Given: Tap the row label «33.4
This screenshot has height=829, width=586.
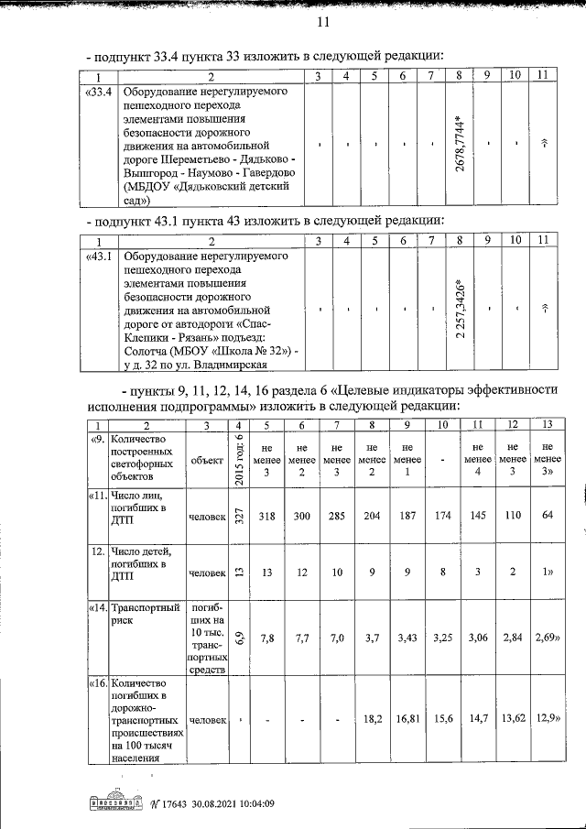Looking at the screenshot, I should tap(98, 93).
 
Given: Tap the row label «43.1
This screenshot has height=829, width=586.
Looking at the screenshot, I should tap(98, 256).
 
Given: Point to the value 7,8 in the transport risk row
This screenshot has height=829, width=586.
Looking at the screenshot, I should tap(267, 638).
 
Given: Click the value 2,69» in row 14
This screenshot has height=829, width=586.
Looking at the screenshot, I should tap(547, 638).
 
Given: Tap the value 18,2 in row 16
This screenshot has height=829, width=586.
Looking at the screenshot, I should tap(373, 720).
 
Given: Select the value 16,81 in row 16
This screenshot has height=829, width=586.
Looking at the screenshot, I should tap(407, 720).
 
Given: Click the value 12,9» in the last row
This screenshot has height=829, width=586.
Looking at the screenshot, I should tap(547, 720).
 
